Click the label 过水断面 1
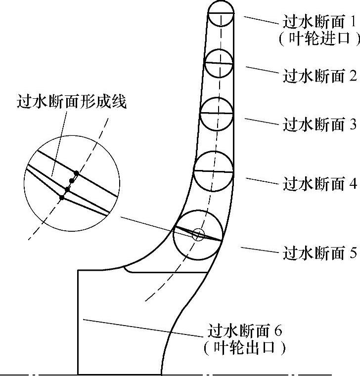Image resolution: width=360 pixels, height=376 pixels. [x=319, y=22]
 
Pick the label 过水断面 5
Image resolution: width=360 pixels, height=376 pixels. [x=319, y=253]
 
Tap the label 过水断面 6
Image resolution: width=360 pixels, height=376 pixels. [x=246, y=330]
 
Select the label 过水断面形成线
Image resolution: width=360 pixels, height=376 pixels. [x=72, y=102]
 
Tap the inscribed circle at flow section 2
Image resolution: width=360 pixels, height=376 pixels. [x=219, y=63]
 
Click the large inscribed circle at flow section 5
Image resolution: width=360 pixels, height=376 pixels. [x=197, y=235]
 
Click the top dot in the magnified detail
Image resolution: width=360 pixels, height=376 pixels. [x=76, y=173]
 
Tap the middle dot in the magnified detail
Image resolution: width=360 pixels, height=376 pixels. [x=68, y=189]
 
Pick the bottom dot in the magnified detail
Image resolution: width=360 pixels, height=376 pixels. [x=62, y=198]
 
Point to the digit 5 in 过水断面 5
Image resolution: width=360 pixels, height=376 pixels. [x=353, y=253]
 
